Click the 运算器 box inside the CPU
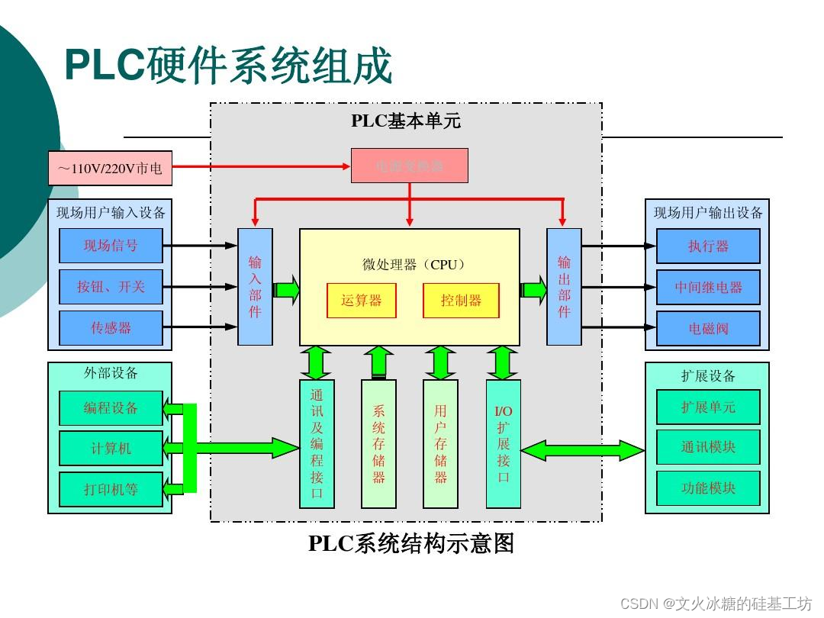click(361, 301)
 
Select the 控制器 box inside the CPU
click(461, 301)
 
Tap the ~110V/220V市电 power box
click(110, 169)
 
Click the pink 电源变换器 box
click(410, 166)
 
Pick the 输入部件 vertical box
click(255, 287)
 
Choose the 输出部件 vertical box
click(564, 287)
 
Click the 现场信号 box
click(111, 246)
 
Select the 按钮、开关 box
click(111, 287)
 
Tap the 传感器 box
click(111, 328)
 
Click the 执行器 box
click(708, 246)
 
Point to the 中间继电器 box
click(708, 288)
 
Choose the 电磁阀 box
click(708, 329)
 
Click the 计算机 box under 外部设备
click(111, 449)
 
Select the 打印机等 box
click(111, 489)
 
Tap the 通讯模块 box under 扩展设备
click(708, 447)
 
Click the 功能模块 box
click(708, 488)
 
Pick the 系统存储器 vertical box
click(378, 444)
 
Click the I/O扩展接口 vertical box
click(504, 444)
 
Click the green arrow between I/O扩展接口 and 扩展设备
click(583, 450)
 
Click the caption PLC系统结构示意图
click(411, 543)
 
